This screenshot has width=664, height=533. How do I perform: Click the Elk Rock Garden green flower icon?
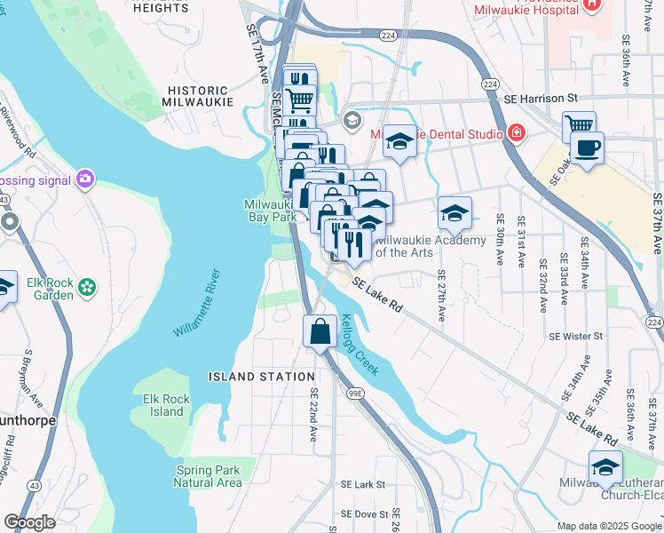[x=86, y=287]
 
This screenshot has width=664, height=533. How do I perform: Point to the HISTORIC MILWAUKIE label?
[x=200, y=96]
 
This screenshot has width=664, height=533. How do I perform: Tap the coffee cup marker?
[x=587, y=147]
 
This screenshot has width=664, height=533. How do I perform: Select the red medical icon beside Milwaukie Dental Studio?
[x=516, y=133]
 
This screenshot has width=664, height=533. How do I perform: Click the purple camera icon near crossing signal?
[x=85, y=179]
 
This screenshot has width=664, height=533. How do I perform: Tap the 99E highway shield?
[x=355, y=392]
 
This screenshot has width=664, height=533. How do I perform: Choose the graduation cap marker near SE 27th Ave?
[x=455, y=214]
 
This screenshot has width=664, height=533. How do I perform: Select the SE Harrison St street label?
[x=540, y=98]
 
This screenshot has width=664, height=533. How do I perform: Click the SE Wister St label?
[x=575, y=337]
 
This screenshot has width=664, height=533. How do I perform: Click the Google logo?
[x=29, y=522]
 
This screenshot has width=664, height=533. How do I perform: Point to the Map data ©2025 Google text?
[x=609, y=526]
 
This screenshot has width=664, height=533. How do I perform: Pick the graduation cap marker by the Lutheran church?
[x=605, y=467]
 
